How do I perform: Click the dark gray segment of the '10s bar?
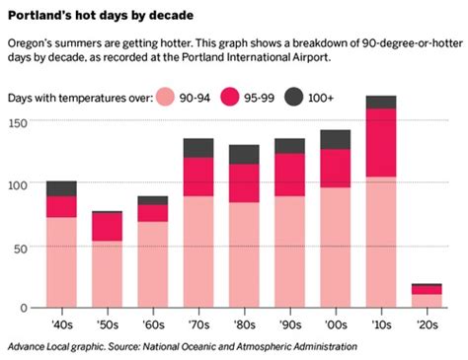380,102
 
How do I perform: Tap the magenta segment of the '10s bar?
380,142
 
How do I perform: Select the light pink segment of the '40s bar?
61,261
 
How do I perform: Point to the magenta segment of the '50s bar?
107,227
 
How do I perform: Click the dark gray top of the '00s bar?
335,139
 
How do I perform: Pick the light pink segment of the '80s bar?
244,254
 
